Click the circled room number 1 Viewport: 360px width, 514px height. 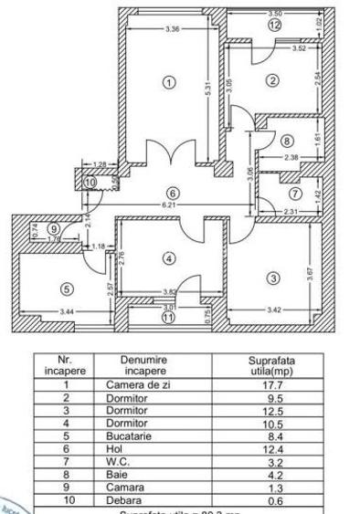pos(168,82)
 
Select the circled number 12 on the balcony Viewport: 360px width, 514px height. pos(275,26)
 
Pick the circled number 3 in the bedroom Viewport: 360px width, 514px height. pos(272,278)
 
